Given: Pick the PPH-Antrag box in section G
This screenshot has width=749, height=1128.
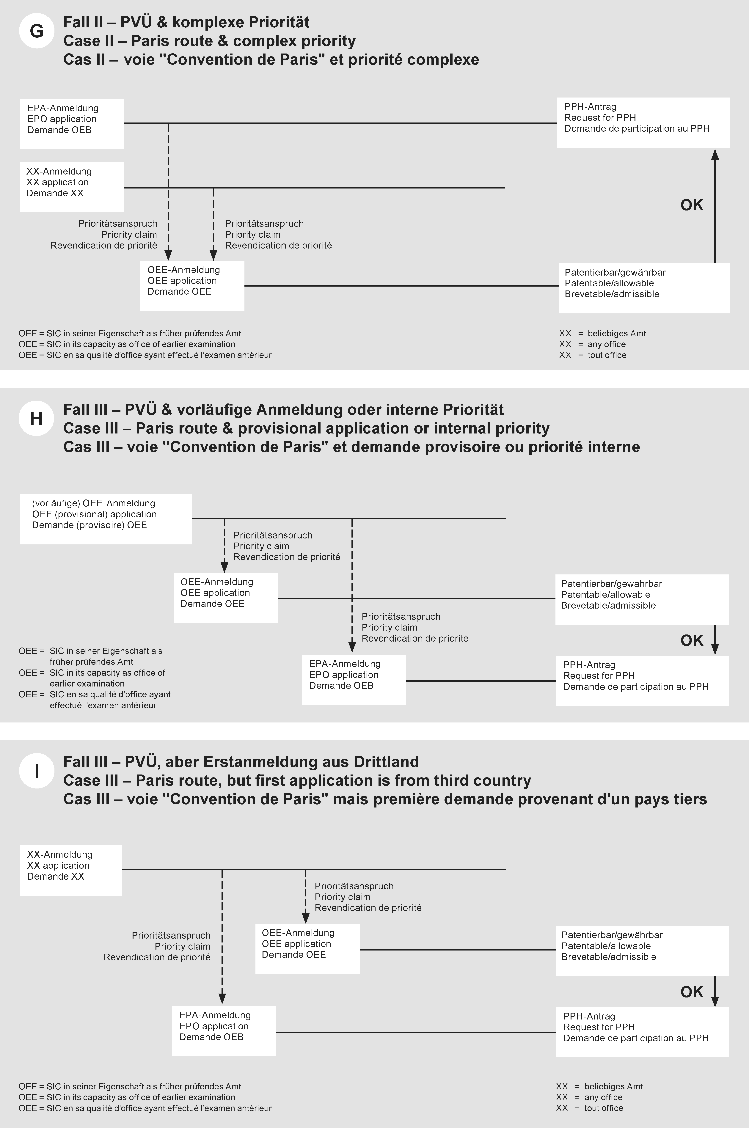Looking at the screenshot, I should point(643,122).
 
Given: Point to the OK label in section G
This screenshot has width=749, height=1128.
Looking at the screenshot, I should point(692,205).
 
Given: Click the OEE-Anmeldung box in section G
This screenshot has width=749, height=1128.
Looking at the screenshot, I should point(192,286).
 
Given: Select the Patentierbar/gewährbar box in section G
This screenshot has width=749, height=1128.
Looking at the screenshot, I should point(644,288).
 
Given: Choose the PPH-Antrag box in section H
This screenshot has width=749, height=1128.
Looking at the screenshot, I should point(642,681).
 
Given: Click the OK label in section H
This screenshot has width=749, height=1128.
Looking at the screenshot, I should point(692,641).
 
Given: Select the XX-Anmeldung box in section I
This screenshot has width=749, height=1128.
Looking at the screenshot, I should point(71,870).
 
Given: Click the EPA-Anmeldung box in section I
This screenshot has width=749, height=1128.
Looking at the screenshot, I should point(224,1031).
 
